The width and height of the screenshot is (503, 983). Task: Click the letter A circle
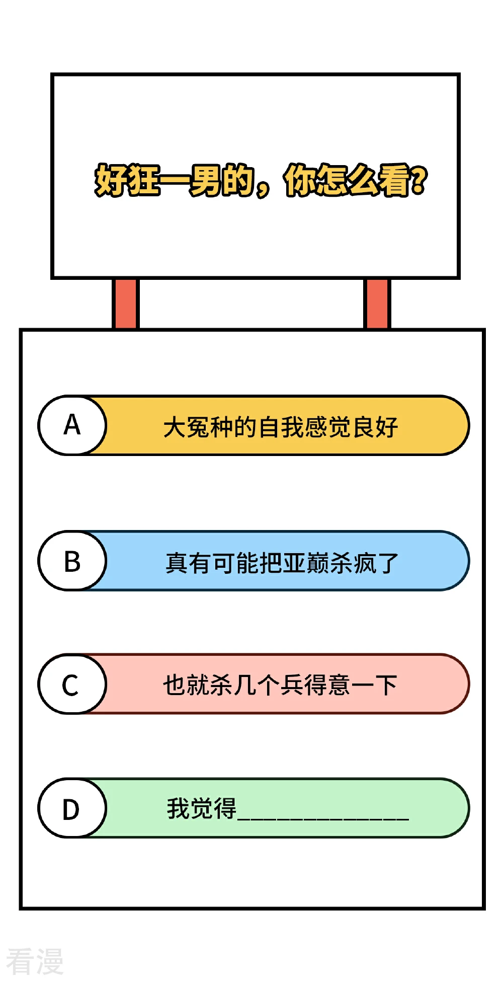click(x=72, y=425)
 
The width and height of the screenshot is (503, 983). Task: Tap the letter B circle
click(x=72, y=561)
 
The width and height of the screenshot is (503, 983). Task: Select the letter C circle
click(x=72, y=684)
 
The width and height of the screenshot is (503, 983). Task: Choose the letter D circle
click(x=72, y=808)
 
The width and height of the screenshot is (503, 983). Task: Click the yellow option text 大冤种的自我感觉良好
click(x=281, y=427)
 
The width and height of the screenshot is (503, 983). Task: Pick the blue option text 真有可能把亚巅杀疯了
click(x=282, y=563)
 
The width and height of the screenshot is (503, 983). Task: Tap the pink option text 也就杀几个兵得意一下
click(x=280, y=685)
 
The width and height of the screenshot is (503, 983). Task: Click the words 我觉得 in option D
click(x=201, y=808)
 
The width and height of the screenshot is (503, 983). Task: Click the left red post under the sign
click(x=125, y=304)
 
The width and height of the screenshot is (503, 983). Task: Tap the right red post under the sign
click(x=377, y=304)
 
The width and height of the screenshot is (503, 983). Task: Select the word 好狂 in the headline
click(x=127, y=180)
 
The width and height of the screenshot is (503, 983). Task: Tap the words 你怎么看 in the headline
click(x=347, y=180)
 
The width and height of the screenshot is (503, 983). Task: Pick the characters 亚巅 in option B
click(x=305, y=563)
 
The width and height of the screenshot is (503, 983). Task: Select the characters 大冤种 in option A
click(x=198, y=427)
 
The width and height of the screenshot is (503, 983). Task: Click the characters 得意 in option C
click(x=327, y=685)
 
